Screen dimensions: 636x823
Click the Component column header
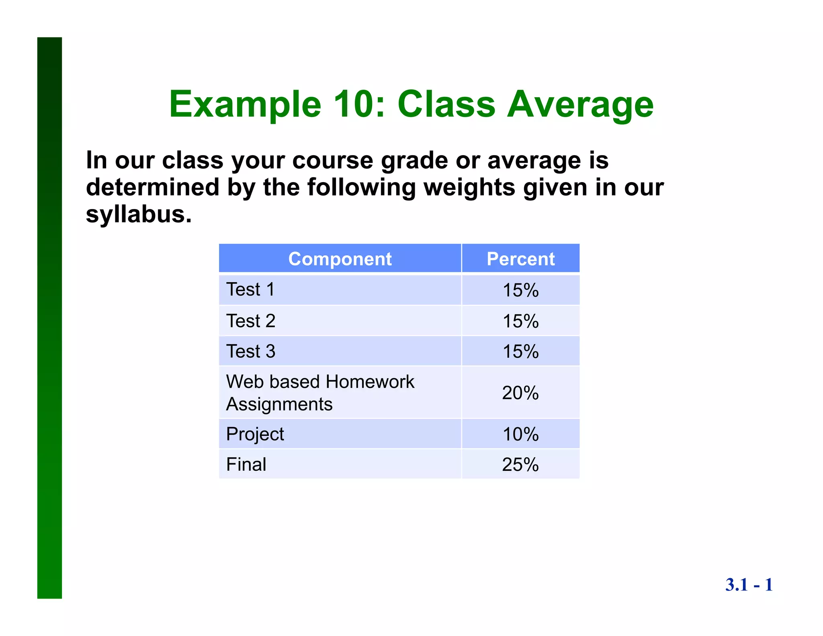point(340,259)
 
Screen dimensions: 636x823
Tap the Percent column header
point(520,259)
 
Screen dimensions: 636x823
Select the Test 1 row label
point(250,289)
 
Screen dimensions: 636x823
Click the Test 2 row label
point(251,321)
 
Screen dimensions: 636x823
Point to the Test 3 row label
point(251,351)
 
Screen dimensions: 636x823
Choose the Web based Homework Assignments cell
point(319,392)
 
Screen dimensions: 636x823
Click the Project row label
point(255,434)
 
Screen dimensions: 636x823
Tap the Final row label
point(246,464)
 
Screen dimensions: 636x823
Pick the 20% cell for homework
point(520,393)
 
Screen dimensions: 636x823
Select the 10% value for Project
point(520,434)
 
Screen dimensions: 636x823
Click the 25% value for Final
point(520,464)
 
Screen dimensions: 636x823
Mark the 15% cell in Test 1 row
point(520,290)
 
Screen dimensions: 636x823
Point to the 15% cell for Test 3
point(520,351)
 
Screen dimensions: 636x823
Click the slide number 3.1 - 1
point(749,585)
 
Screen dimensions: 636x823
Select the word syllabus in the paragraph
point(139,214)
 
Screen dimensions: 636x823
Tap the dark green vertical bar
point(49,318)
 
